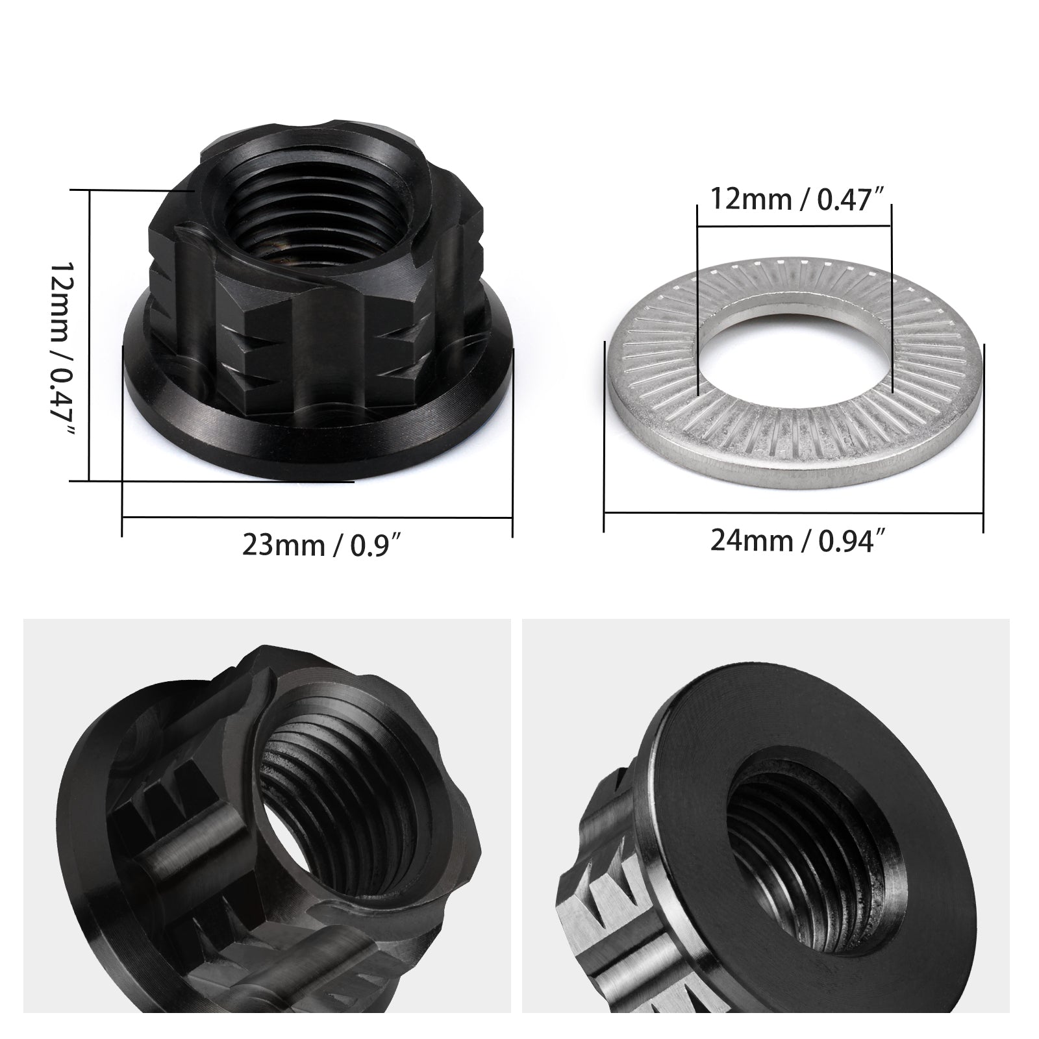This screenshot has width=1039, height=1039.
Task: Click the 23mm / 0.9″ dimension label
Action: click(319, 545)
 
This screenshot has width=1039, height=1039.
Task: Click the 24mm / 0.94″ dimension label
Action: click(793, 540)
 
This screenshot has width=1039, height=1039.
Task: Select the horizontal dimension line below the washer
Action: click(793, 512)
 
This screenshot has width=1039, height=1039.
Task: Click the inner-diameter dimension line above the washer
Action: click(794, 227)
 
